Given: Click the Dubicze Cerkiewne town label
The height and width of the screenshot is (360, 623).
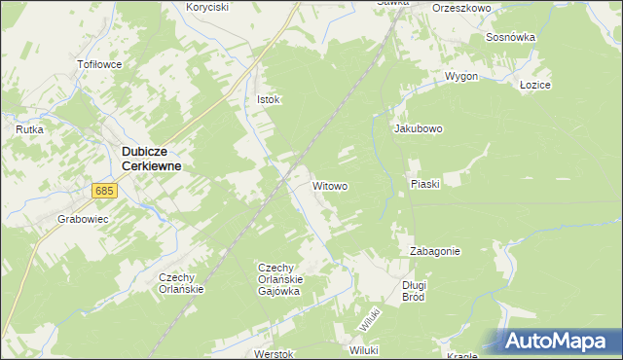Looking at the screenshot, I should click(152, 159).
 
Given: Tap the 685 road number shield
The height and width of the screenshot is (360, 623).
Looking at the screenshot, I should click(106, 192).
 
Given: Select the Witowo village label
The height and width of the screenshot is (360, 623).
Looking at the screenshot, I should click(330, 185).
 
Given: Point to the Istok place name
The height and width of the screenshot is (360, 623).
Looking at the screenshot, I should click(268, 99).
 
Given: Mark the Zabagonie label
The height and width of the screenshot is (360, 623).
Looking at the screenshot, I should click(434, 250).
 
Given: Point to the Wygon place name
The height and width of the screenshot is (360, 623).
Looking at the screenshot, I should click(460, 76).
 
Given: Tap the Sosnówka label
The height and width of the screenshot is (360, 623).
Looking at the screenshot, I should click(510, 37).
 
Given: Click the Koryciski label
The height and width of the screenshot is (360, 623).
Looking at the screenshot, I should click(206, 7).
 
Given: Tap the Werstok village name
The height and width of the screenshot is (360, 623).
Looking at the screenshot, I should click(273, 354).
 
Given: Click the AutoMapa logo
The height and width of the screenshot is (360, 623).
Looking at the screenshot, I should click(559, 341).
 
